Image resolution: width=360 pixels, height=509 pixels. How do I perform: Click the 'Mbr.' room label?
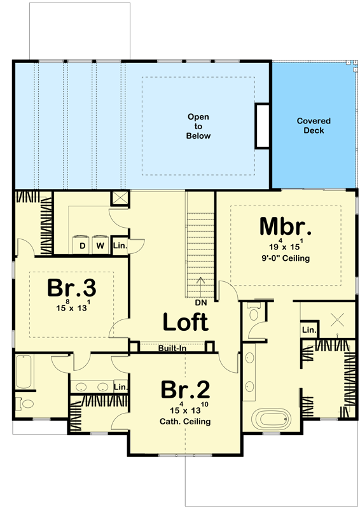(285, 227)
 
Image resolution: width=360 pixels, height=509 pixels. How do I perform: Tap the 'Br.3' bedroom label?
(71, 288)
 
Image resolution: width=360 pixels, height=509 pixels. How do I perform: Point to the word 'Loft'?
(185, 322)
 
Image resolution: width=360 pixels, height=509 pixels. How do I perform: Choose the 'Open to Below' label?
(198, 127)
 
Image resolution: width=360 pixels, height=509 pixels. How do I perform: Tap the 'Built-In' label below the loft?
(172, 347)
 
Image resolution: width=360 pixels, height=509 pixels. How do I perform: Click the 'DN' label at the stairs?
(201, 303)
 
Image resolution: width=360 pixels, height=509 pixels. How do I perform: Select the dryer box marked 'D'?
(82, 245)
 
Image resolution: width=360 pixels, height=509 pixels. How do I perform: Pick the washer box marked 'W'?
(100, 245)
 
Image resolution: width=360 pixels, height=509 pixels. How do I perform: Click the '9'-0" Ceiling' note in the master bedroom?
(285, 259)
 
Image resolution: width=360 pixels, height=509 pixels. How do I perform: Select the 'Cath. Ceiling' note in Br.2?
(185, 421)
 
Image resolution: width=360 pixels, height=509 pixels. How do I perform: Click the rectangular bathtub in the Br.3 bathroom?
(24, 373)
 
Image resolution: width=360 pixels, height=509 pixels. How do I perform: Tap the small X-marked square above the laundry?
(120, 197)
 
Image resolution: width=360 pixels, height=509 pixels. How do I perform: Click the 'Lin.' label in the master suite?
(309, 330)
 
